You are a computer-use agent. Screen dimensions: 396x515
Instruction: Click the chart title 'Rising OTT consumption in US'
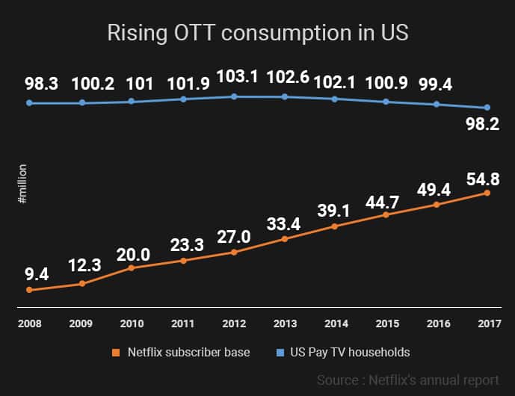pyautogui.click(x=257, y=33)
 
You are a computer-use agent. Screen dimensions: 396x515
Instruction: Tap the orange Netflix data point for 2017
pyautogui.click(x=487, y=193)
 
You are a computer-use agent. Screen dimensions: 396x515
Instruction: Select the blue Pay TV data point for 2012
pyautogui.click(x=234, y=96)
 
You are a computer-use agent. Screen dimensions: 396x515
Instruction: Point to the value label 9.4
pyautogui.click(x=28, y=273)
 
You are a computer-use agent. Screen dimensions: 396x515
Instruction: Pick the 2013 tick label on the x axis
pyautogui.click(x=285, y=324)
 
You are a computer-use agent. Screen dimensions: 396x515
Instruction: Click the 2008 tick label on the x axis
pyautogui.click(x=29, y=324)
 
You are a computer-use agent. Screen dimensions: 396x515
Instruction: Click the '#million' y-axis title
pyautogui.click(x=22, y=185)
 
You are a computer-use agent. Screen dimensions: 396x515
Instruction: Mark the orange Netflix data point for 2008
pyautogui.click(x=29, y=290)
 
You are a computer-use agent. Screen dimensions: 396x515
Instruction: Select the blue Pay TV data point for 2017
pyautogui.click(x=487, y=108)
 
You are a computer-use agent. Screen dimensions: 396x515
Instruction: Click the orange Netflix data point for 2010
pyautogui.click(x=132, y=267)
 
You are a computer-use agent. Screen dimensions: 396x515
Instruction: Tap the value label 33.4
pyautogui.click(x=285, y=223)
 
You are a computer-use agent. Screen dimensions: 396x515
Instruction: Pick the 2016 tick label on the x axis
pyautogui.click(x=437, y=324)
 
